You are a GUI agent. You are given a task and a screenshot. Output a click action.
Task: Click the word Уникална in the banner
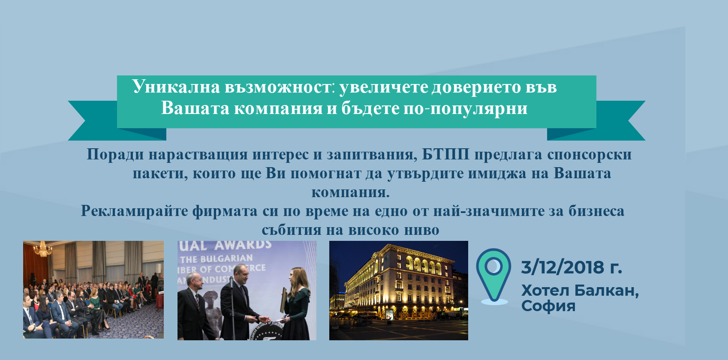(176, 87)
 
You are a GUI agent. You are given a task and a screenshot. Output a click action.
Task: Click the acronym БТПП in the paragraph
(445, 154)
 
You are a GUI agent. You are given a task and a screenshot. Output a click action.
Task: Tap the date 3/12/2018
(563, 267)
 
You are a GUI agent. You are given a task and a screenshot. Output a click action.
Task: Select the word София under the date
(548, 306)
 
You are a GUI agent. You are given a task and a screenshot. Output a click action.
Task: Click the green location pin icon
(493, 276)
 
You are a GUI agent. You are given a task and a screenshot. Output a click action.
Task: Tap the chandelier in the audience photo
(42, 249)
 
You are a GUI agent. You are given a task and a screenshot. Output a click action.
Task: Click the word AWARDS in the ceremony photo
(243, 245)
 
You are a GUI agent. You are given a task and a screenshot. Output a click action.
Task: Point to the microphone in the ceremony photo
(232, 283)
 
